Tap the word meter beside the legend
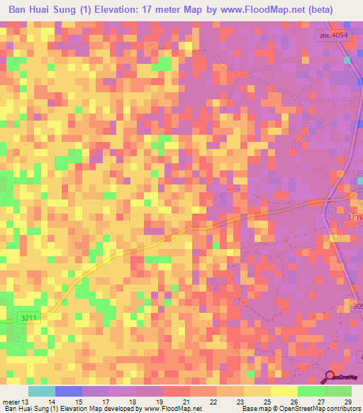coord(12,402)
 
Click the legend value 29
coord(347,402)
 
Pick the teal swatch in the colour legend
coord(42,391)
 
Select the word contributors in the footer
coord(340,409)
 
